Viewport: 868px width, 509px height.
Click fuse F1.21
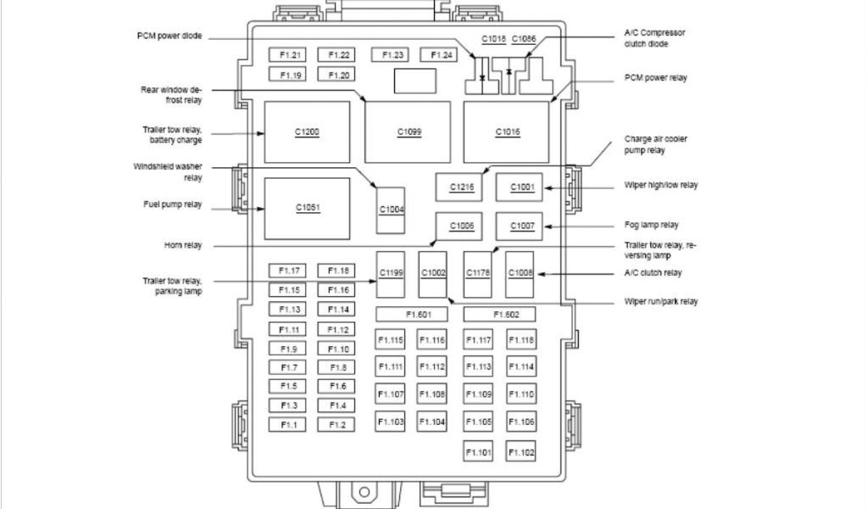click(287, 55)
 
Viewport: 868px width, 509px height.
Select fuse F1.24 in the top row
click(442, 55)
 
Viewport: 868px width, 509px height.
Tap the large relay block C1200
click(307, 132)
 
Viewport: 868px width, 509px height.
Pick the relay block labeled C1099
click(408, 132)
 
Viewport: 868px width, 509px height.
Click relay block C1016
click(507, 132)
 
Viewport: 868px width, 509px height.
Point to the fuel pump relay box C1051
click(307, 209)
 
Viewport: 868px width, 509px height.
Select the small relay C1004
click(392, 209)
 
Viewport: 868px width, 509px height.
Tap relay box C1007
click(520, 227)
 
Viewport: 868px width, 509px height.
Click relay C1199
click(391, 272)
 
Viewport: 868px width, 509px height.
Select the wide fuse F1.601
click(418, 315)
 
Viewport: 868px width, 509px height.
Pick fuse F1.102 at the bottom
click(521, 453)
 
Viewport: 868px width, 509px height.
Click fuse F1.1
click(287, 424)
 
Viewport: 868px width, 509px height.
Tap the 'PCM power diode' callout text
click(170, 36)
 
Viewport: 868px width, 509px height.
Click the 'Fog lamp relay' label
click(651, 226)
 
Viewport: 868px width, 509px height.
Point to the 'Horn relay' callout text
click(183, 246)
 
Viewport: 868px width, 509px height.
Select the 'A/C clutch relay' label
click(653, 273)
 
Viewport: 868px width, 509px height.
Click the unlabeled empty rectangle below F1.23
click(415, 81)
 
